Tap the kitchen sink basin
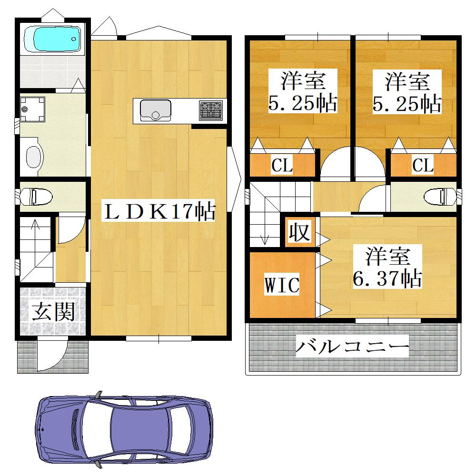pos(156,110)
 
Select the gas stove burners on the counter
pos(211,110)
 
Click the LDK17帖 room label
pos(158,210)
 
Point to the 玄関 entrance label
pos(53,312)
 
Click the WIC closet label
pos(282,284)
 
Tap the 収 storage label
pos(299,232)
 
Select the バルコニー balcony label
pos(352,347)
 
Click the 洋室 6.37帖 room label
pos(387,267)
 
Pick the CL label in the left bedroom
pos(282,165)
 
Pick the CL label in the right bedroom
pos(423,165)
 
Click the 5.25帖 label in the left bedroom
pos(303,103)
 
